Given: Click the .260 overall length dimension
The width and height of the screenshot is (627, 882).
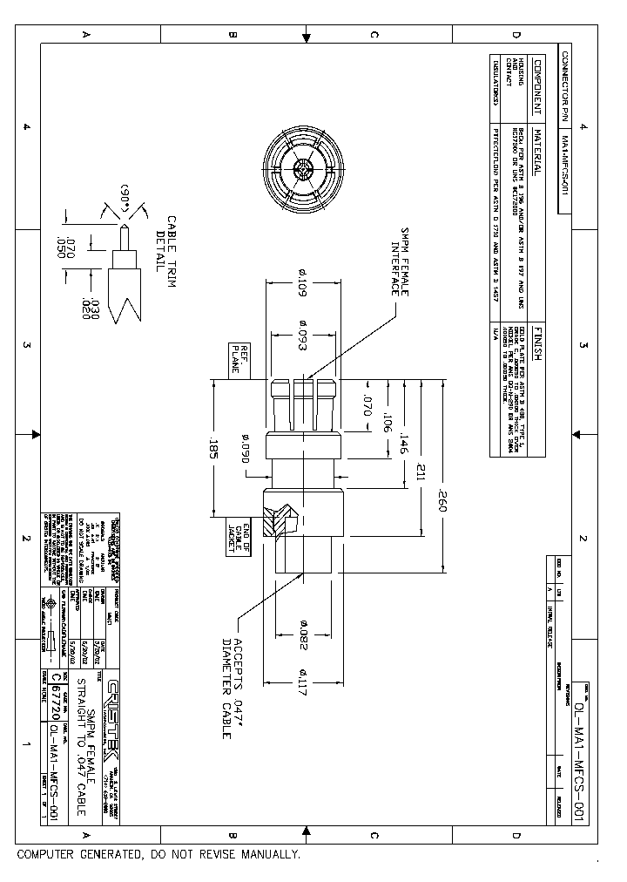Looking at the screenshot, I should point(442,505).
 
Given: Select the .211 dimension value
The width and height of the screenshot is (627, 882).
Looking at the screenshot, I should point(422,473).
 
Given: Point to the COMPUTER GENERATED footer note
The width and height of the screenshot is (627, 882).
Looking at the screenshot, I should point(158,856).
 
